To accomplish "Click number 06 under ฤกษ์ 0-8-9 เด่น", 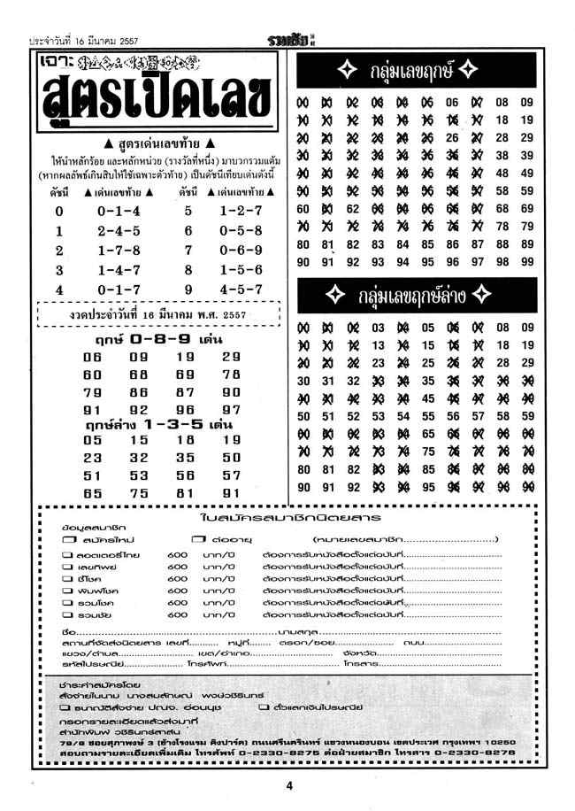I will (x=92, y=357).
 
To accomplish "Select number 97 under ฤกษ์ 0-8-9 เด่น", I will (x=231, y=410).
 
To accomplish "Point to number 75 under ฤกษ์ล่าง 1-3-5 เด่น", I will (x=139, y=493).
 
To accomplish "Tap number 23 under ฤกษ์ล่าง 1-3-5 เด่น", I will (x=92, y=459).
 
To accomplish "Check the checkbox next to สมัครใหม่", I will (x=68, y=538).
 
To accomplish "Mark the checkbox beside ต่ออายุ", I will (x=196, y=538).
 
